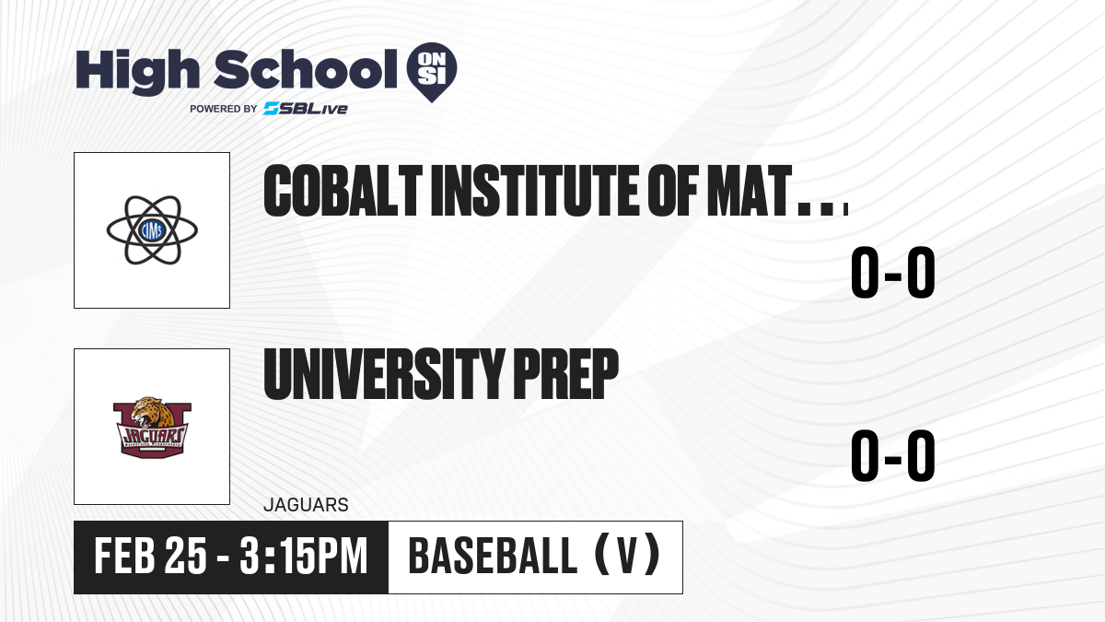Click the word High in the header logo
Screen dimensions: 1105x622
pos(137,71)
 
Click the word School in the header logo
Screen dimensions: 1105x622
pos(306,69)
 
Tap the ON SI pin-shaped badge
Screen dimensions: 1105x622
pos(432,72)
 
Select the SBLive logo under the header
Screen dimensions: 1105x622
pos(306,109)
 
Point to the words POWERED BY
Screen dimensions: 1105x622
pos(224,109)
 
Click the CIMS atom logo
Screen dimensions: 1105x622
pos(152,230)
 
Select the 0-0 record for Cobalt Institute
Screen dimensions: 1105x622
pos(893,272)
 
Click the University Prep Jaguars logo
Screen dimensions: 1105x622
pos(152,427)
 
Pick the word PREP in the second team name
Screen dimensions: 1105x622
pos(565,374)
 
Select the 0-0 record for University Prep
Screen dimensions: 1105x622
pos(893,455)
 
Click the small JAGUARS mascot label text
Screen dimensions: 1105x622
pos(306,505)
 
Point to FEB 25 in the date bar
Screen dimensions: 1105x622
pos(150,556)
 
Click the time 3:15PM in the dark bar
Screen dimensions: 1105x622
pos(304,556)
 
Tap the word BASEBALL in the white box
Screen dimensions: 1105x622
pos(493,556)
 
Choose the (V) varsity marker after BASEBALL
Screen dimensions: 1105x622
pos(627,556)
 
